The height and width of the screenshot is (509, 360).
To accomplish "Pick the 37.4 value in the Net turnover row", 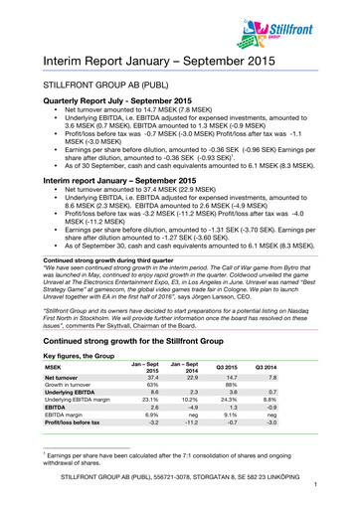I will [153, 354].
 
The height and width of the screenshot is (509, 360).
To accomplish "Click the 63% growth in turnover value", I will [153, 364].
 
